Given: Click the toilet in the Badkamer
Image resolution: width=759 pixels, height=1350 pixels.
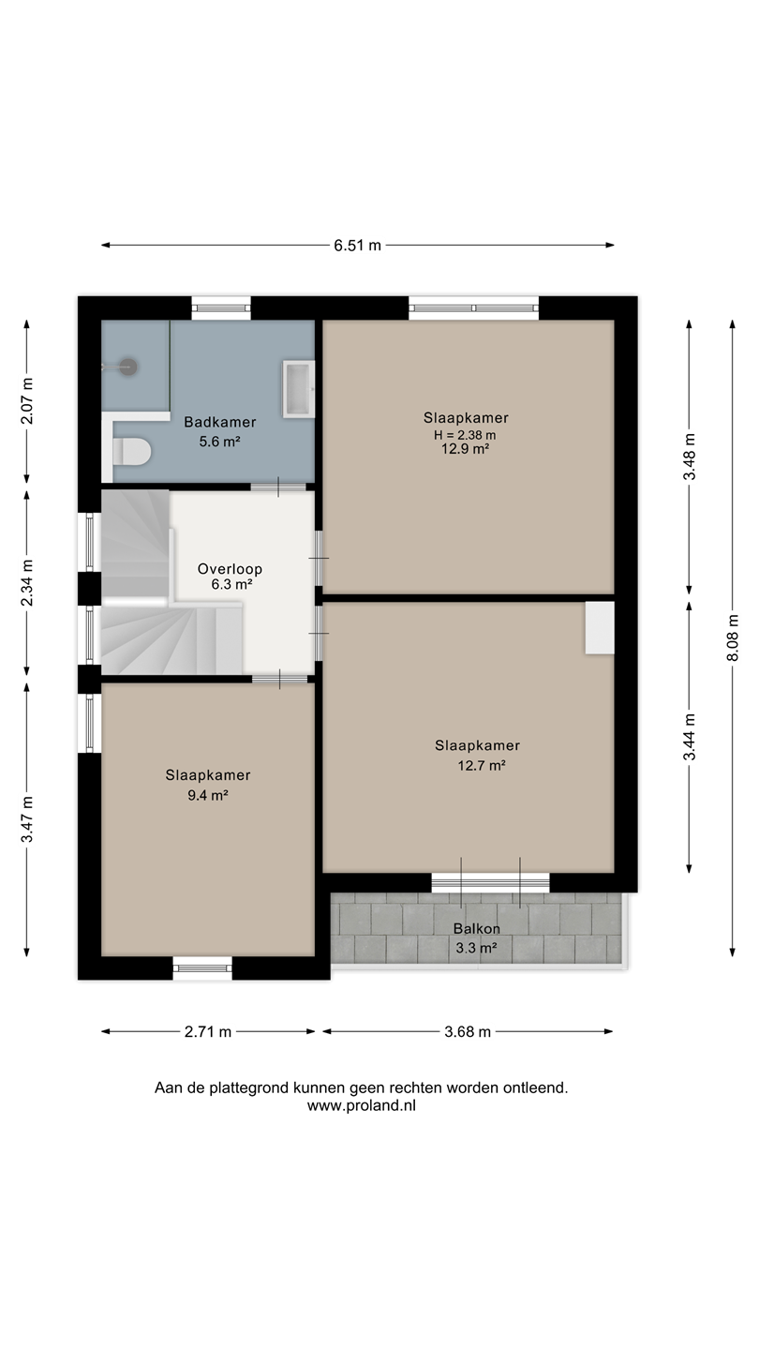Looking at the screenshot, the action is coord(131,452).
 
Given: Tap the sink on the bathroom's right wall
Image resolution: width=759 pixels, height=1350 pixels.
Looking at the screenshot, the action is coord(299,389).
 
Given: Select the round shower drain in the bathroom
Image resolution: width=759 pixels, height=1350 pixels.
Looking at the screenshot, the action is coord(128,367).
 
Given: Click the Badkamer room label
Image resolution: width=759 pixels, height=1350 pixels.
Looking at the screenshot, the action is coord(220,422).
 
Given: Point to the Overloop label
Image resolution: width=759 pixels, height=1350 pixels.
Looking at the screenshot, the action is coord(231,569).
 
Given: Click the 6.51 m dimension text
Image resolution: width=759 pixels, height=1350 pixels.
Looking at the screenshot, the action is coord(358,246).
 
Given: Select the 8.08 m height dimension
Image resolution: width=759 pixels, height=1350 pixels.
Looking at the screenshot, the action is coord(733,637).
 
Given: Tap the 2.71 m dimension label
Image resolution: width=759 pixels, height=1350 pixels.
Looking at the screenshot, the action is coord(208,1032).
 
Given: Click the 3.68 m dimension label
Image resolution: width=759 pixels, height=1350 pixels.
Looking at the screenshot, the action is coord(469,1032).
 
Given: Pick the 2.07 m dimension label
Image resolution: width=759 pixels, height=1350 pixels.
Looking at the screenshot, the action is coord(27,401).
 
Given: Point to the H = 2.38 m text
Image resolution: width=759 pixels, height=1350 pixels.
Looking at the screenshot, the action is coord(465,435).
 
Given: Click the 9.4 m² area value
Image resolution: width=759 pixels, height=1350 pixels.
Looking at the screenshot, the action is coord(208,796).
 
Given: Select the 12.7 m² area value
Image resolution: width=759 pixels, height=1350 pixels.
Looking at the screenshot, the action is coord(482,766).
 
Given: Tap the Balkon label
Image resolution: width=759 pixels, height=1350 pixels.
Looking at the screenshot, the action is coord(476,929).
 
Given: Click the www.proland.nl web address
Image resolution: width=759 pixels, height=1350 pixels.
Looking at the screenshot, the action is coord(362,1105).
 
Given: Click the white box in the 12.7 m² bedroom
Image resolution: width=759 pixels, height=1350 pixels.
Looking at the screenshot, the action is coord(600,627).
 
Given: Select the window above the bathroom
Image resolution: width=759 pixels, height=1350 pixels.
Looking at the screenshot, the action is coord(221,308).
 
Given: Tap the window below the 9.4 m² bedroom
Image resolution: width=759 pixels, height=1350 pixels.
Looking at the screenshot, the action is coord(202,967).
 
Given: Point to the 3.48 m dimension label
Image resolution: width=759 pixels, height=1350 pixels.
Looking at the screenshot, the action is coord(690,457).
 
